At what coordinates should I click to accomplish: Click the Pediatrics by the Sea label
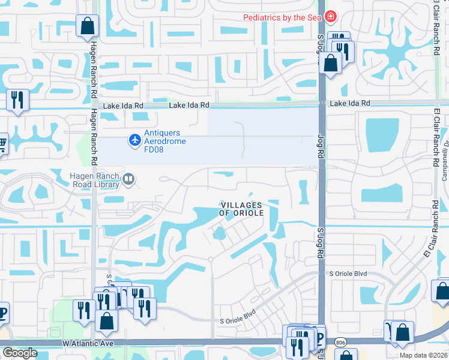pos(282,17)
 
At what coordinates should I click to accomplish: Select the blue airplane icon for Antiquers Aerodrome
pos(135,140)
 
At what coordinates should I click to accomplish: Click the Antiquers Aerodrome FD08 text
pos(165,141)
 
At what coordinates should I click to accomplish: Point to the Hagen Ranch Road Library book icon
pos(128,178)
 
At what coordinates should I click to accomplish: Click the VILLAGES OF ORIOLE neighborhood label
pos(242,209)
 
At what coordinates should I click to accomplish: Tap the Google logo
pos(20,353)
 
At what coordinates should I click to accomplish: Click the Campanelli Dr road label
pos(445,158)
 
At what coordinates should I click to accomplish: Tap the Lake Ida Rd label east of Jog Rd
pos(351,104)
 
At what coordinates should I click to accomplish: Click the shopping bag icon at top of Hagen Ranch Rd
pos(87,26)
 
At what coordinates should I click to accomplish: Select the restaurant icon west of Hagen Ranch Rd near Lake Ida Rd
pos(17,99)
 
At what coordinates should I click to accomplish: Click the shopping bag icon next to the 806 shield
pos(402,332)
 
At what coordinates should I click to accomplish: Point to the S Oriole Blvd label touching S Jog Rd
pos(348,274)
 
